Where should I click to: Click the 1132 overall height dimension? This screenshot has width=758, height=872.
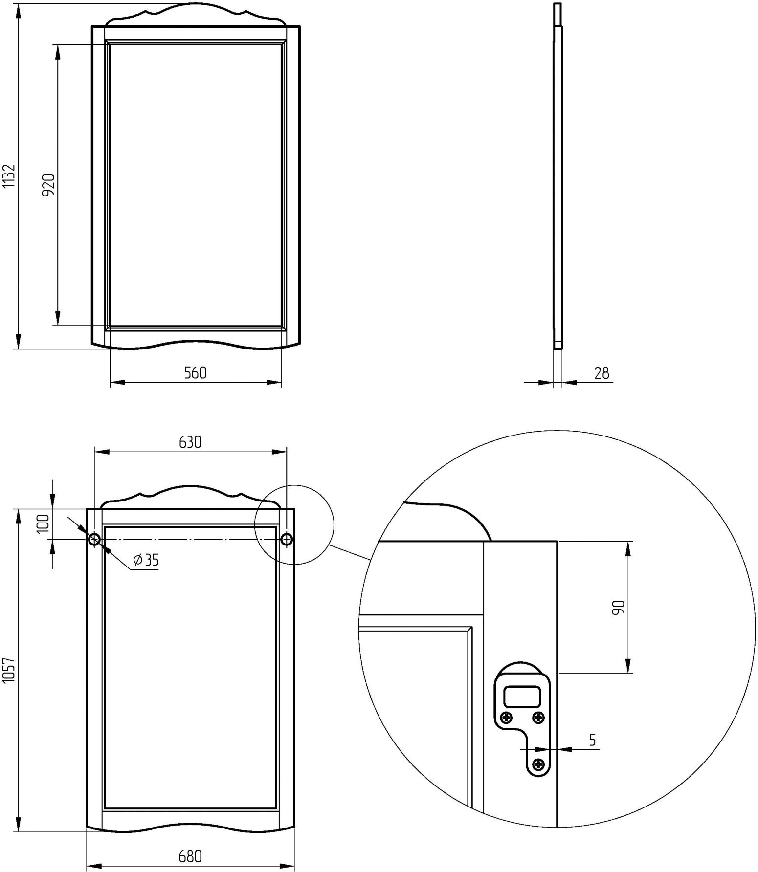tap(9, 176)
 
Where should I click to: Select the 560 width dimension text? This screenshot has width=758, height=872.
tap(196, 373)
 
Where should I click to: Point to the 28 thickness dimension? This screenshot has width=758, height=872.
tap(602, 373)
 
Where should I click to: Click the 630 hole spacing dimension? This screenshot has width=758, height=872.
tap(190, 442)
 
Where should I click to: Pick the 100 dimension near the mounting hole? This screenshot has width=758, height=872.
tap(44, 523)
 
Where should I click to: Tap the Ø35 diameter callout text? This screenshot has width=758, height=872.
tap(146, 560)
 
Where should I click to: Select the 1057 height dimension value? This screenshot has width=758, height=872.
tap(9, 670)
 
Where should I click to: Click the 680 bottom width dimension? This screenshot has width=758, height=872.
tap(190, 856)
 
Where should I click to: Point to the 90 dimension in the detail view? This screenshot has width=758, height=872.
tap(618, 607)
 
